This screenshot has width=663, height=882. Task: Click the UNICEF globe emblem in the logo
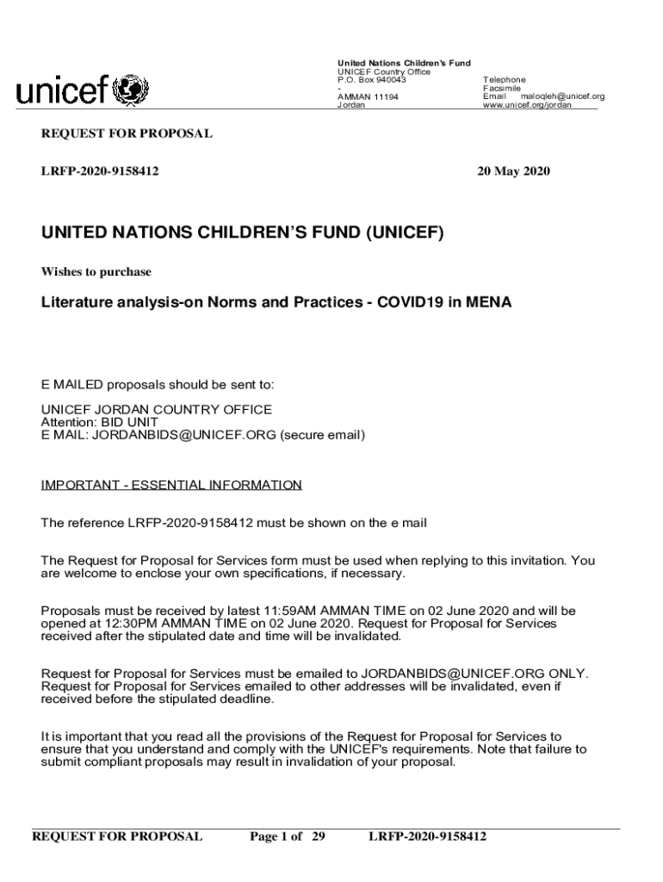129,90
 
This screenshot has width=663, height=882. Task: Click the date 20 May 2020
514,171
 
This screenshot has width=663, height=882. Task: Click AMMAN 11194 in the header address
367,96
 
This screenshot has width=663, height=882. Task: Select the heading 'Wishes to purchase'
96,271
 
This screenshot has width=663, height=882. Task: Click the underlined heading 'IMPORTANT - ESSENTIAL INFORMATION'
171,485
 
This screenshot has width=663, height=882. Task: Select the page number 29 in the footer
318,836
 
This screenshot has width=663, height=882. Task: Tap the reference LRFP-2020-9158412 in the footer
427,836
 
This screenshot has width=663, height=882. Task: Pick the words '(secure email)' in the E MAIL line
323,435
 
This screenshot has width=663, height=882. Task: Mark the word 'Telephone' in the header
505,79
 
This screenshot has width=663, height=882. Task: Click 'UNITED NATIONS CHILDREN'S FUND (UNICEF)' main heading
243,233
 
